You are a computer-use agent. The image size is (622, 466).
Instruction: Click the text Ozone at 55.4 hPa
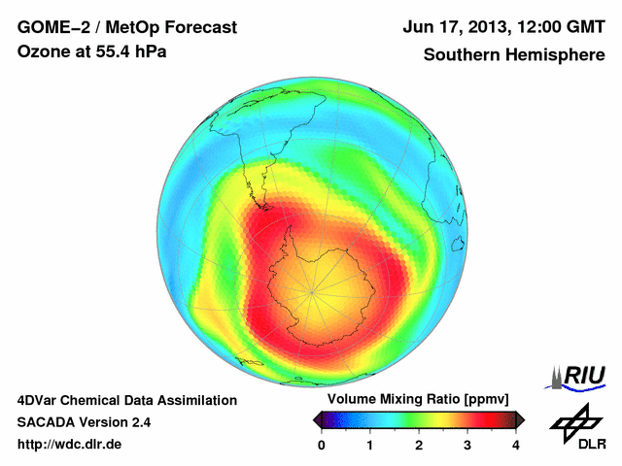[x=91, y=52]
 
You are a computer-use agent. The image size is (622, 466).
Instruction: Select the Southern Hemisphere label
[x=514, y=55]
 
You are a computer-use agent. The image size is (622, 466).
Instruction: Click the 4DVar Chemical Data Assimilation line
[x=127, y=400]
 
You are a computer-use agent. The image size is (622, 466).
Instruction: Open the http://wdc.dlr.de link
[x=70, y=445]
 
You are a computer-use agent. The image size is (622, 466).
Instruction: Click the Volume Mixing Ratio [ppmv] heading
[x=418, y=400]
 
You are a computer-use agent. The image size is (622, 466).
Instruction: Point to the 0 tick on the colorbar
[x=322, y=444]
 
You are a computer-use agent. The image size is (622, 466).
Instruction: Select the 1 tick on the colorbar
[x=370, y=444]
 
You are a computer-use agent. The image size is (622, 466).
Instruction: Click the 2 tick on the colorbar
[x=419, y=444]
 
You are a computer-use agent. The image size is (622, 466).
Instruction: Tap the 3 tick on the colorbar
[x=467, y=444]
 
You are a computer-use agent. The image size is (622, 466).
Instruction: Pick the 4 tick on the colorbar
[x=516, y=444]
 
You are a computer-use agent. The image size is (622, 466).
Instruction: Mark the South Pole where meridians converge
[x=313, y=290]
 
